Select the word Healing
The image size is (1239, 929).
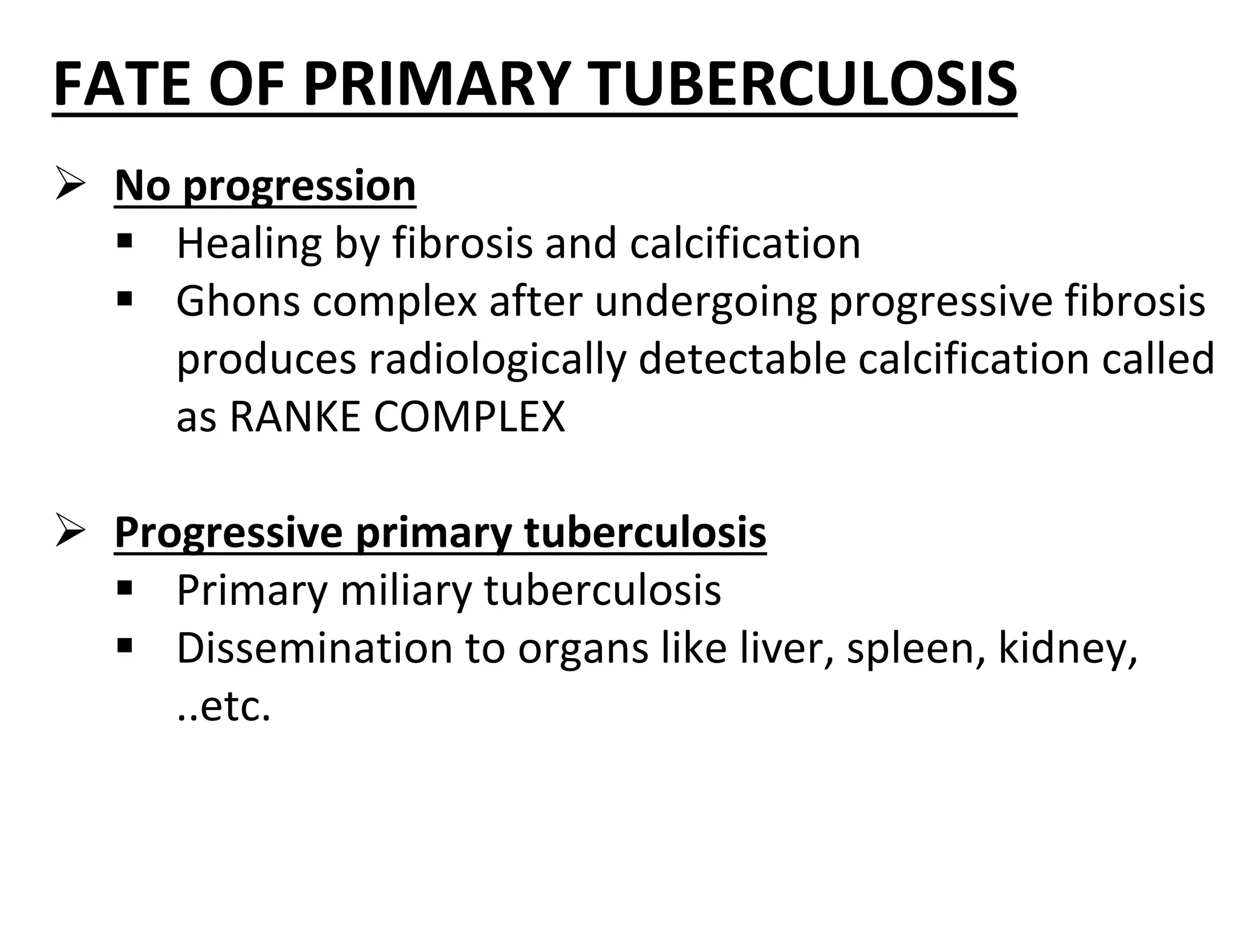click(249, 243)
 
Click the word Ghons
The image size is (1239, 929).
click(238, 301)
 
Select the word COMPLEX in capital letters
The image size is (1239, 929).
click(469, 417)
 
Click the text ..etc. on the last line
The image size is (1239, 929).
click(224, 706)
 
